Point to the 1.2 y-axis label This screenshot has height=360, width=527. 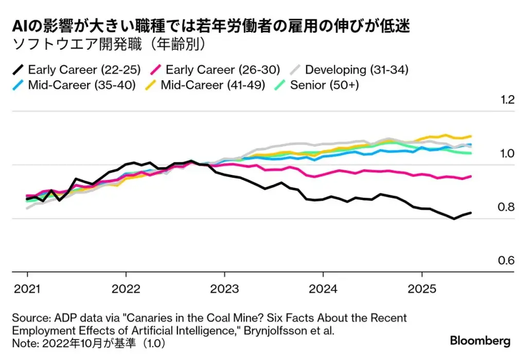(507, 99)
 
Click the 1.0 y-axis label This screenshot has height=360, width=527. (507, 153)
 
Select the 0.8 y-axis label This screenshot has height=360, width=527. (507, 207)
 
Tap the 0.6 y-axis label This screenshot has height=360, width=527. (507, 261)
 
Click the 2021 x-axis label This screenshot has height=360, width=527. (27, 289)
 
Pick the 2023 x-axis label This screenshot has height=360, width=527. (225, 289)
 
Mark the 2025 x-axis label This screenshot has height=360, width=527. (422, 289)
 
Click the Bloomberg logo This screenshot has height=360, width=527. (480, 341)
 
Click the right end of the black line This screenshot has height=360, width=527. (471, 212)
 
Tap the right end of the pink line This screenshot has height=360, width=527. (471, 176)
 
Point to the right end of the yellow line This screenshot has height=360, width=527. (471, 136)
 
